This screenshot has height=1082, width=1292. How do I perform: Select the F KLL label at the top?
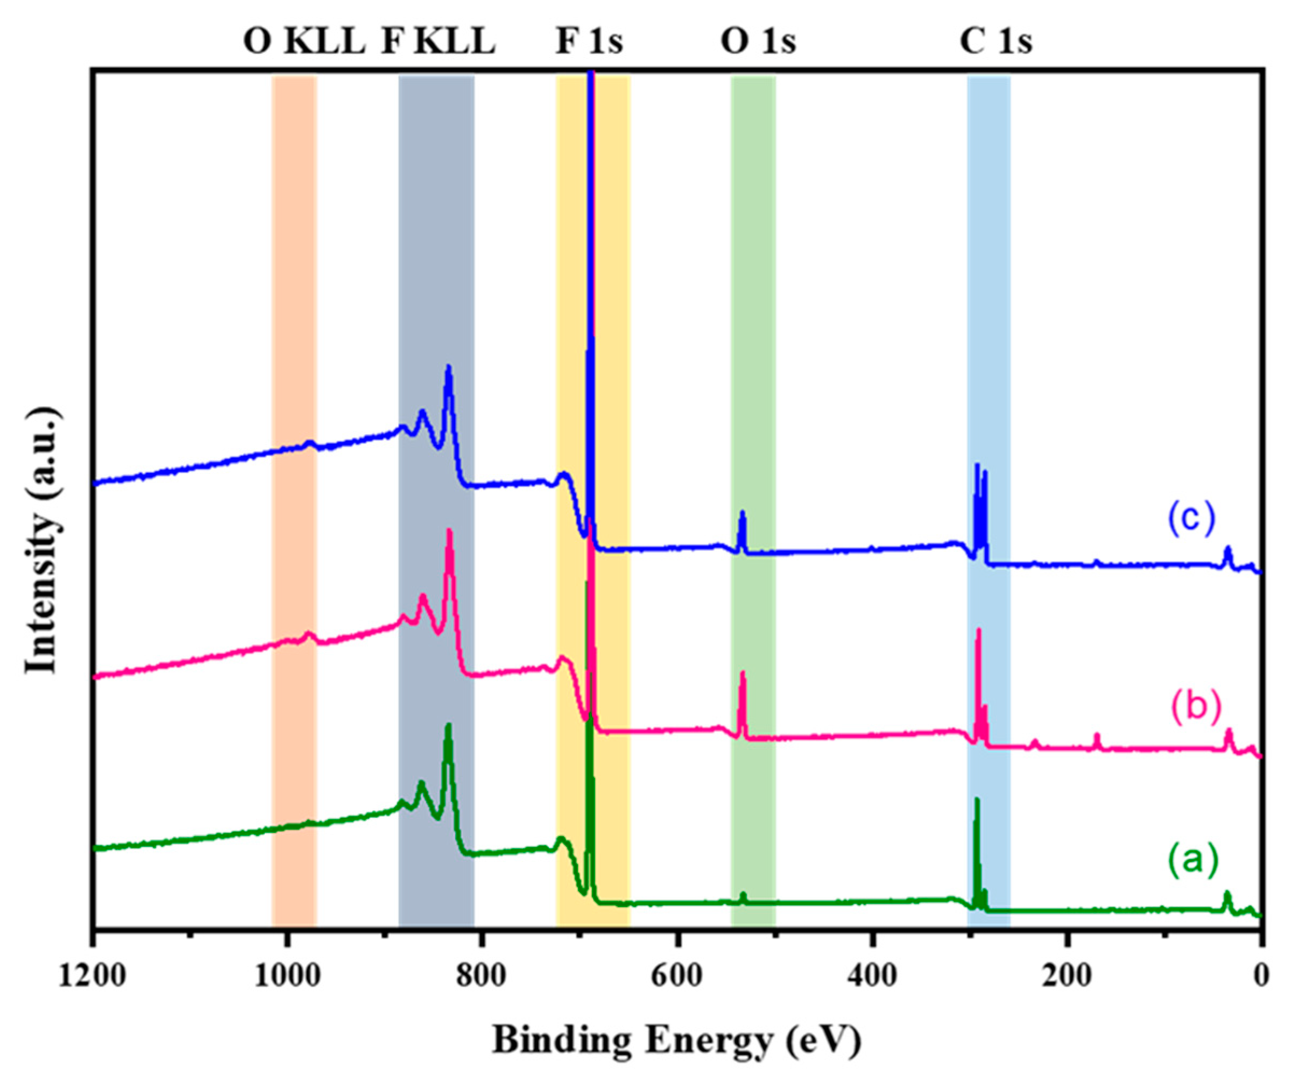tap(438, 43)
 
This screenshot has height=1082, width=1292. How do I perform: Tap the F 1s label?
tap(589, 43)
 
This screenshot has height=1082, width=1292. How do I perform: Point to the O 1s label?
tap(758, 43)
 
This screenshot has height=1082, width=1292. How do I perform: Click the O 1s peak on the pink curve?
tap(743, 674)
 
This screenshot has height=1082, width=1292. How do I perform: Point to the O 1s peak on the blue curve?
tap(743, 513)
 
